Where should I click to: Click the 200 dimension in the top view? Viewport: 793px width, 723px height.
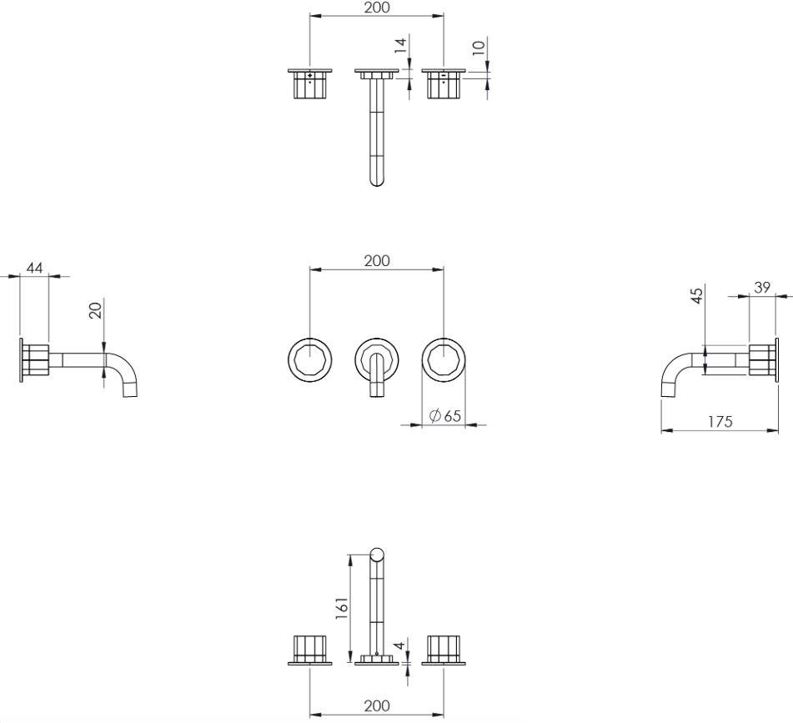point(377,8)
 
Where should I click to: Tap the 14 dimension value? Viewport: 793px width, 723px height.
point(400,46)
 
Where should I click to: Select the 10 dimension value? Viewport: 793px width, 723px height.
point(479,48)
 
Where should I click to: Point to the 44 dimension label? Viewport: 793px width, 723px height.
point(34,268)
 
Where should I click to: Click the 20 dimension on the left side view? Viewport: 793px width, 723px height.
point(95,309)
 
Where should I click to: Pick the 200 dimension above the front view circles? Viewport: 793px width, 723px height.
point(377,261)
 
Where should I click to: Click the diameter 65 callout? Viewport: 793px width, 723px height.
point(445,415)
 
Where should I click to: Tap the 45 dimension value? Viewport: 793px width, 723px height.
point(697,295)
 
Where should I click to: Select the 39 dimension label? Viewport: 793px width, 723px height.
point(762,287)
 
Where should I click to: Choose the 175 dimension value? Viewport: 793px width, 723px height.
point(720,421)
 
